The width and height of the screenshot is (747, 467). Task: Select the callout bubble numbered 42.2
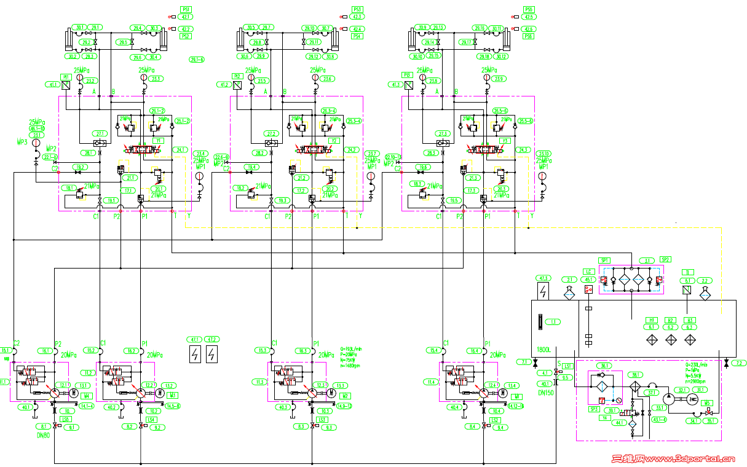[186, 29]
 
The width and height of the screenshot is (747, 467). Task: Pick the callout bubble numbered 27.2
[272, 133]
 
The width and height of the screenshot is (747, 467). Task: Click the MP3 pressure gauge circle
[36, 143]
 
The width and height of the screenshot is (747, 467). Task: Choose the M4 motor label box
[88, 396]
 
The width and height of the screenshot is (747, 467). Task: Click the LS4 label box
[151, 419]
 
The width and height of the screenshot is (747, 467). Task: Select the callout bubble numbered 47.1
[195, 339]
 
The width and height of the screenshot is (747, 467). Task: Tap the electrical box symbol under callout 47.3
[543, 291]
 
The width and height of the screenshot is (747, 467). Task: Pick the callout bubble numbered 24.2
[352, 150]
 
